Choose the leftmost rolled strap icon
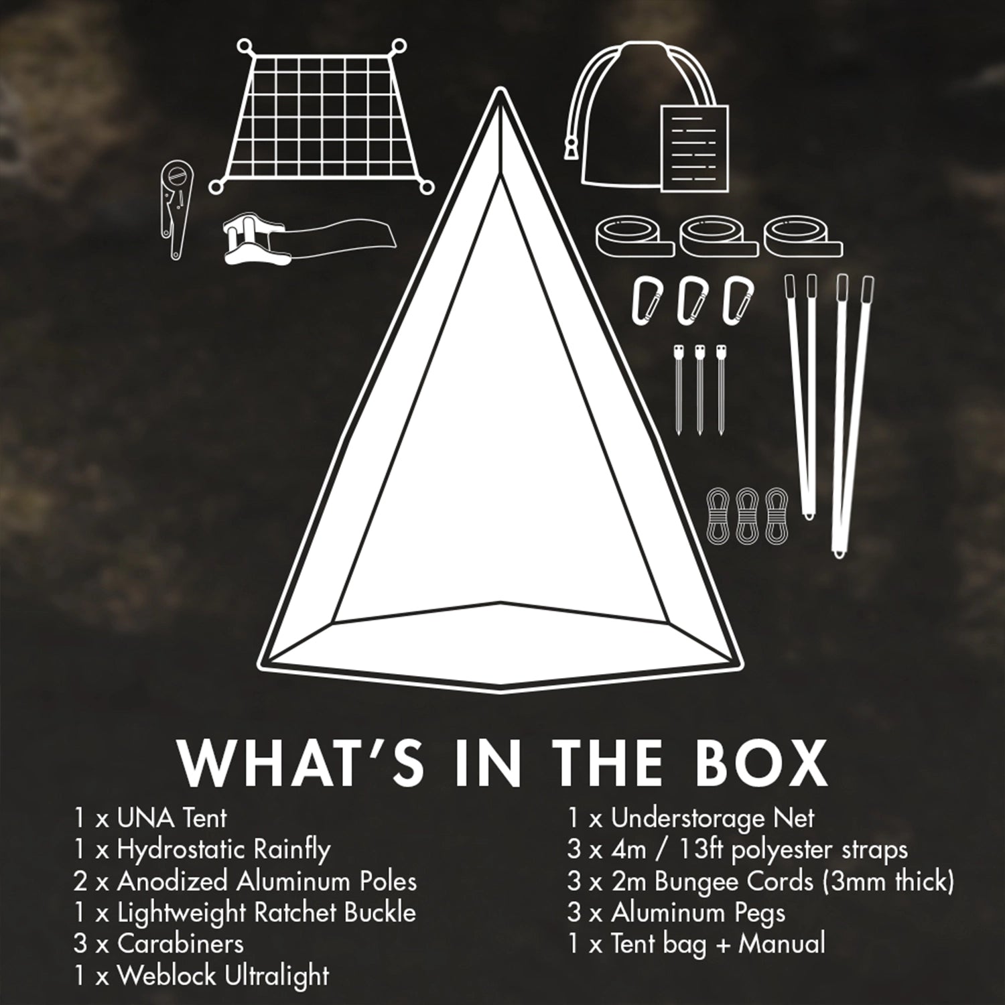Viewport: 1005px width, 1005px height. point(634,234)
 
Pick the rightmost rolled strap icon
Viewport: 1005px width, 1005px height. point(803,234)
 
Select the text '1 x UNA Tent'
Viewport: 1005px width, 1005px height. point(151,818)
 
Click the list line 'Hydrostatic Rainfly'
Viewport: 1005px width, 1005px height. point(202,850)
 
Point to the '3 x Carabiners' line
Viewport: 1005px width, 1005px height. point(159,944)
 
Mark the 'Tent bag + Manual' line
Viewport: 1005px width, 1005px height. point(696,944)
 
